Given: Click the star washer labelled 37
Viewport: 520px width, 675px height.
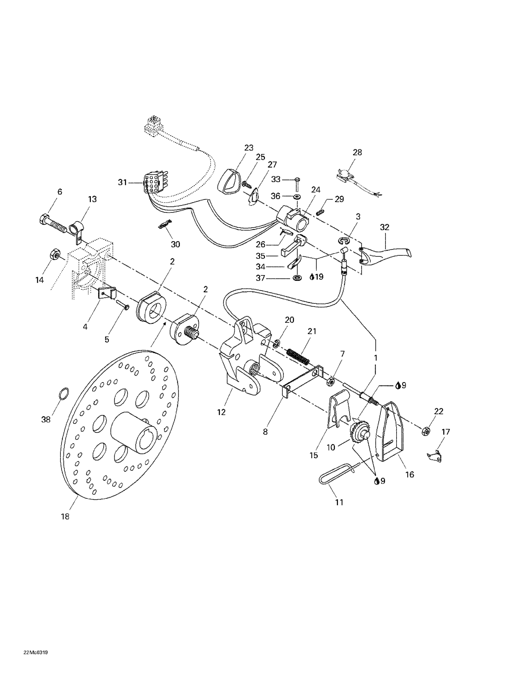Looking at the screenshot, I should [298, 278].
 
